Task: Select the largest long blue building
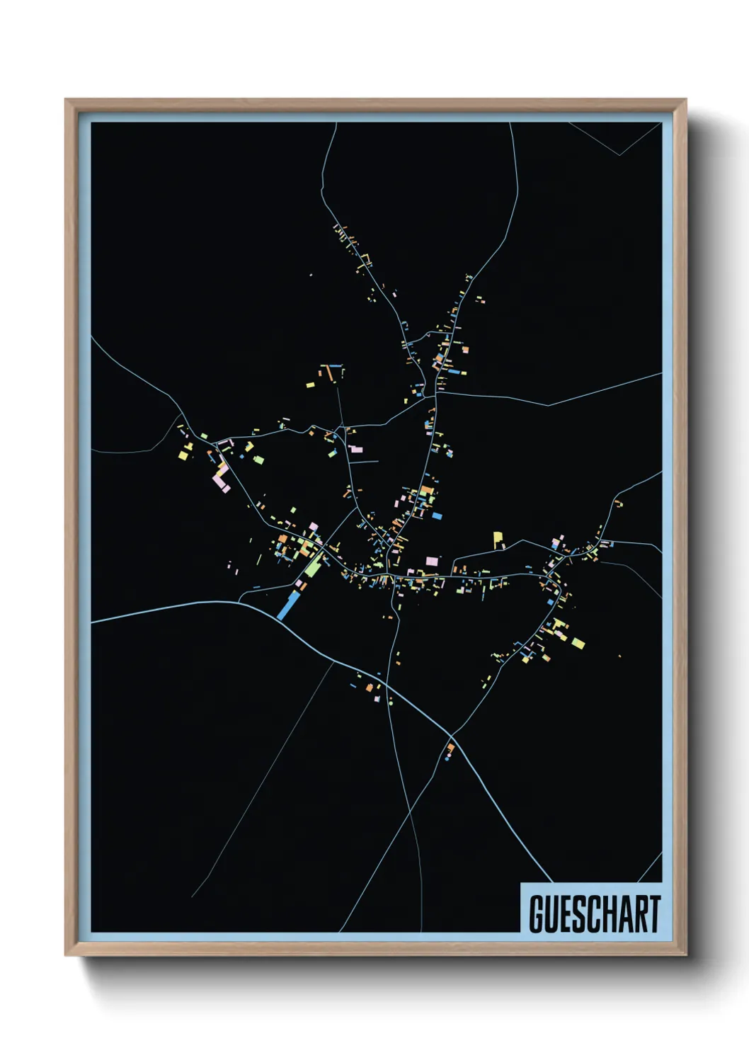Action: (x=289, y=605)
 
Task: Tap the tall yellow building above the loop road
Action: (x=498, y=540)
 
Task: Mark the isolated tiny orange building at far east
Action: (x=620, y=656)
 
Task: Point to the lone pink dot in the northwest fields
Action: (x=311, y=275)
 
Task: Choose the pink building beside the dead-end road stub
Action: (x=355, y=449)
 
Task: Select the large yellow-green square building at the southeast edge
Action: (x=578, y=643)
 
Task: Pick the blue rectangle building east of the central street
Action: (x=437, y=516)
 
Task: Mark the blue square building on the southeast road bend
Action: (x=551, y=601)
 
